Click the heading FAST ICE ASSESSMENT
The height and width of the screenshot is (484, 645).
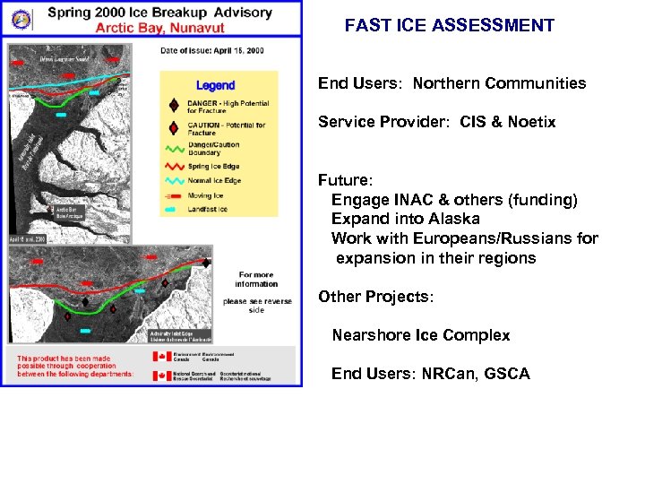point(449,26)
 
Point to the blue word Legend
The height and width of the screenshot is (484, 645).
point(215,86)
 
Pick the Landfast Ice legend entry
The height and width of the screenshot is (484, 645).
point(208,209)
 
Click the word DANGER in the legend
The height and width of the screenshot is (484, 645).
point(205,104)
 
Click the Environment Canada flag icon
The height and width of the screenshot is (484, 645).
point(162,357)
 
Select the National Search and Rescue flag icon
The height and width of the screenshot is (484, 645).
point(162,376)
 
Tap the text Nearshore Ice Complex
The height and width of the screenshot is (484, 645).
point(420,335)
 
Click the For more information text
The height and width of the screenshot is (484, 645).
point(257,280)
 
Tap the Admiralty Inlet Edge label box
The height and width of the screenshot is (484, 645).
point(181,336)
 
